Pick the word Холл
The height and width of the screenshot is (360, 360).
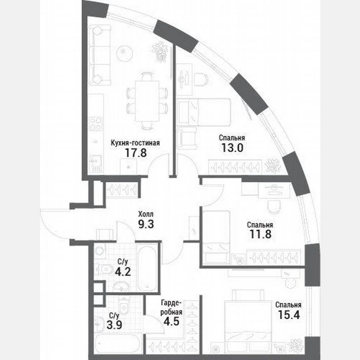[x=145, y=215]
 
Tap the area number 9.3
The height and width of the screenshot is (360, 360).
[x=146, y=224]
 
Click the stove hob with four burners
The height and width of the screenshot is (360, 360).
[x=96, y=124]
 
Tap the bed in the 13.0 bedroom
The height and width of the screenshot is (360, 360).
[x=205, y=111]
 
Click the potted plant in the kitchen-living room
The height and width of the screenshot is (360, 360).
[x=160, y=51]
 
